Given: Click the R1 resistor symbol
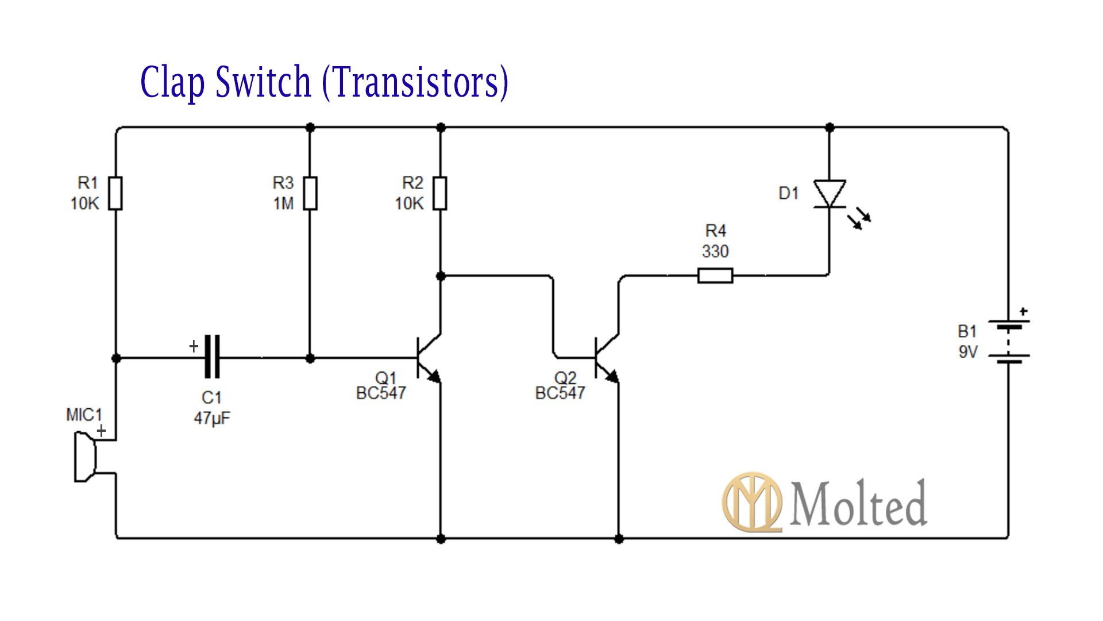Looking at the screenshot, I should click(x=115, y=193).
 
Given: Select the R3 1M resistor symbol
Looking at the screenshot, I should click(x=310, y=193).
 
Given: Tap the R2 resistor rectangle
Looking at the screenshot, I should click(x=440, y=193).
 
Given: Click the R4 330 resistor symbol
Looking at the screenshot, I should click(x=715, y=276).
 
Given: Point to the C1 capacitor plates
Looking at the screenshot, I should click(x=212, y=357).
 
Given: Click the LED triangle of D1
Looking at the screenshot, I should click(x=830, y=194).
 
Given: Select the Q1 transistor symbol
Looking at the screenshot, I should click(x=428, y=358).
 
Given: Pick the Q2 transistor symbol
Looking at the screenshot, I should click(x=607, y=358).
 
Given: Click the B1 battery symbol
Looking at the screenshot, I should click(x=1008, y=342).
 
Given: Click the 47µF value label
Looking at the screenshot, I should click(x=211, y=418).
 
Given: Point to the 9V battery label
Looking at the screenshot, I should click(x=967, y=352).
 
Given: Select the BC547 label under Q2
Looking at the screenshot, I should click(x=560, y=393).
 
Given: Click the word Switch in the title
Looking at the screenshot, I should click(x=263, y=82).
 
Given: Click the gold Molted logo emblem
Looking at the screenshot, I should click(x=752, y=502).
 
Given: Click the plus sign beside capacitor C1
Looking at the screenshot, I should click(x=194, y=346).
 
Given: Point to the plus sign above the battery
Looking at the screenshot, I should click(x=1023, y=311).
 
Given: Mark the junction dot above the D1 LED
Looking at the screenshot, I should click(x=830, y=128).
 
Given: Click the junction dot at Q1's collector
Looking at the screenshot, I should click(x=441, y=277).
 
